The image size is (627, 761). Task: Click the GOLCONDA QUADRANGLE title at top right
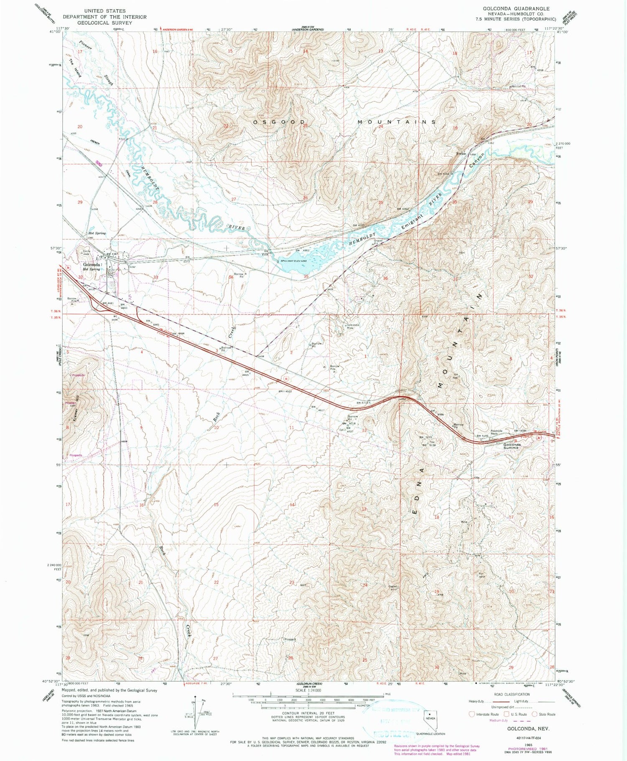click(x=516, y=8)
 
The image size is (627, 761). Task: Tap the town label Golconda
click(x=92, y=265)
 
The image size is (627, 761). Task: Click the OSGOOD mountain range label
click(x=278, y=122)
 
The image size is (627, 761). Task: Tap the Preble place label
click(x=461, y=153)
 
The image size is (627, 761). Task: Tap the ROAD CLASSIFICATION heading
click(x=511, y=694)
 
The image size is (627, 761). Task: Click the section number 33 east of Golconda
click(x=155, y=277)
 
